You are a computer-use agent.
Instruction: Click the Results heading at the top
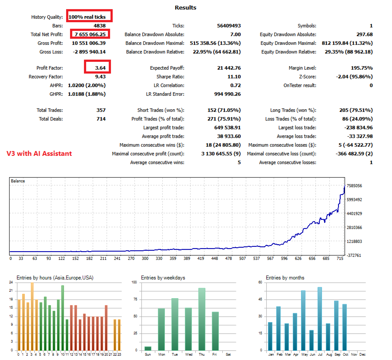[185, 7]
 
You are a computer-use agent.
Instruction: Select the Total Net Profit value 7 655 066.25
[90, 34]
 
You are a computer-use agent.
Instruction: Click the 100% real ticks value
[87, 17]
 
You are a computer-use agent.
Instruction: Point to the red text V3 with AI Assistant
[39, 153]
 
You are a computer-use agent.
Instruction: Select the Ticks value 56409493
[229, 26]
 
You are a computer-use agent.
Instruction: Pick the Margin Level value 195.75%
[361, 68]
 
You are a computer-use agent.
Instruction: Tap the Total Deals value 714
[101, 119]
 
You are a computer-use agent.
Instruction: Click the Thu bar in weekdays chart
[201, 319]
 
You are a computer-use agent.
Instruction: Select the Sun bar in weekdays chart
[148, 348]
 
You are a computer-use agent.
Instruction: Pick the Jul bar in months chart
[320, 318]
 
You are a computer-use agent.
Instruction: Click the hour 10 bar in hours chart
[63, 318]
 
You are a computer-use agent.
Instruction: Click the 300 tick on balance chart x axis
[144, 258]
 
